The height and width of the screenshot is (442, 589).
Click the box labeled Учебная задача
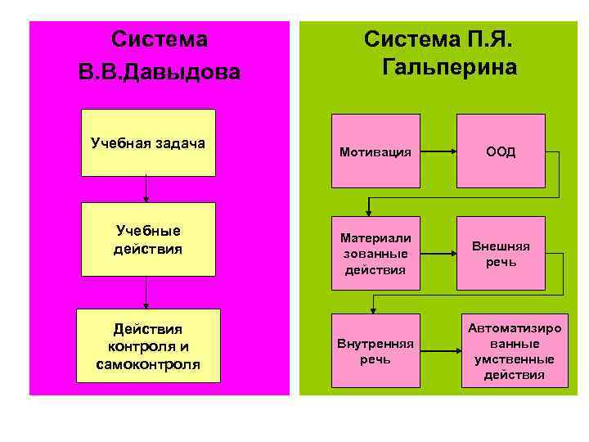pyautogui.click(x=148, y=143)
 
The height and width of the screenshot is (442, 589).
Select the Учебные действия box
pyautogui.click(x=148, y=239)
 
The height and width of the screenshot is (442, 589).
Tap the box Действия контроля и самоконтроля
pyautogui.click(x=148, y=345)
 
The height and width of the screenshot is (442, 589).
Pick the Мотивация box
pyautogui.click(x=375, y=151)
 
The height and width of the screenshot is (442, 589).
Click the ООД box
pyautogui.click(x=501, y=151)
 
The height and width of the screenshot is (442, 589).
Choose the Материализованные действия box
pyautogui.click(x=375, y=253)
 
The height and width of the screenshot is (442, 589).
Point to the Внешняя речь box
pyautogui.click(x=501, y=253)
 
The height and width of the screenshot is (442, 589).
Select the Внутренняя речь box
pyautogui.click(x=375, y=351)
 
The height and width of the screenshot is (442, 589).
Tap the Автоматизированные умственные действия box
pyautogui.click(x=514, y=351)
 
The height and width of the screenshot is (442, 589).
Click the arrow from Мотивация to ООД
pyautogui.click(x=438, y=151)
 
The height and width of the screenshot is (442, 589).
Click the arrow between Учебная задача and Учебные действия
pyautogui.click(x=146, y=189)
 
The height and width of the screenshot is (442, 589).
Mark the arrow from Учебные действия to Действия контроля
pyautogui.click(x=146, y=292)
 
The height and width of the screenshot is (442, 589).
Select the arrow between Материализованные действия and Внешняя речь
pyautogui.click(x=438, y=252)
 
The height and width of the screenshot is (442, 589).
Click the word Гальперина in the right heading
pyautogui.click(x=449, y=67)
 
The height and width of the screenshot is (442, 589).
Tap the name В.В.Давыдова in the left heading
pyautogui.click(x=160, y=72)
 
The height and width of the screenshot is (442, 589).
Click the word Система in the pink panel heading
pyautogui.click(x=160, y=39)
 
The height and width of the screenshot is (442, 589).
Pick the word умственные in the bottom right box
pyautogui.click(x=514, y=359)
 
